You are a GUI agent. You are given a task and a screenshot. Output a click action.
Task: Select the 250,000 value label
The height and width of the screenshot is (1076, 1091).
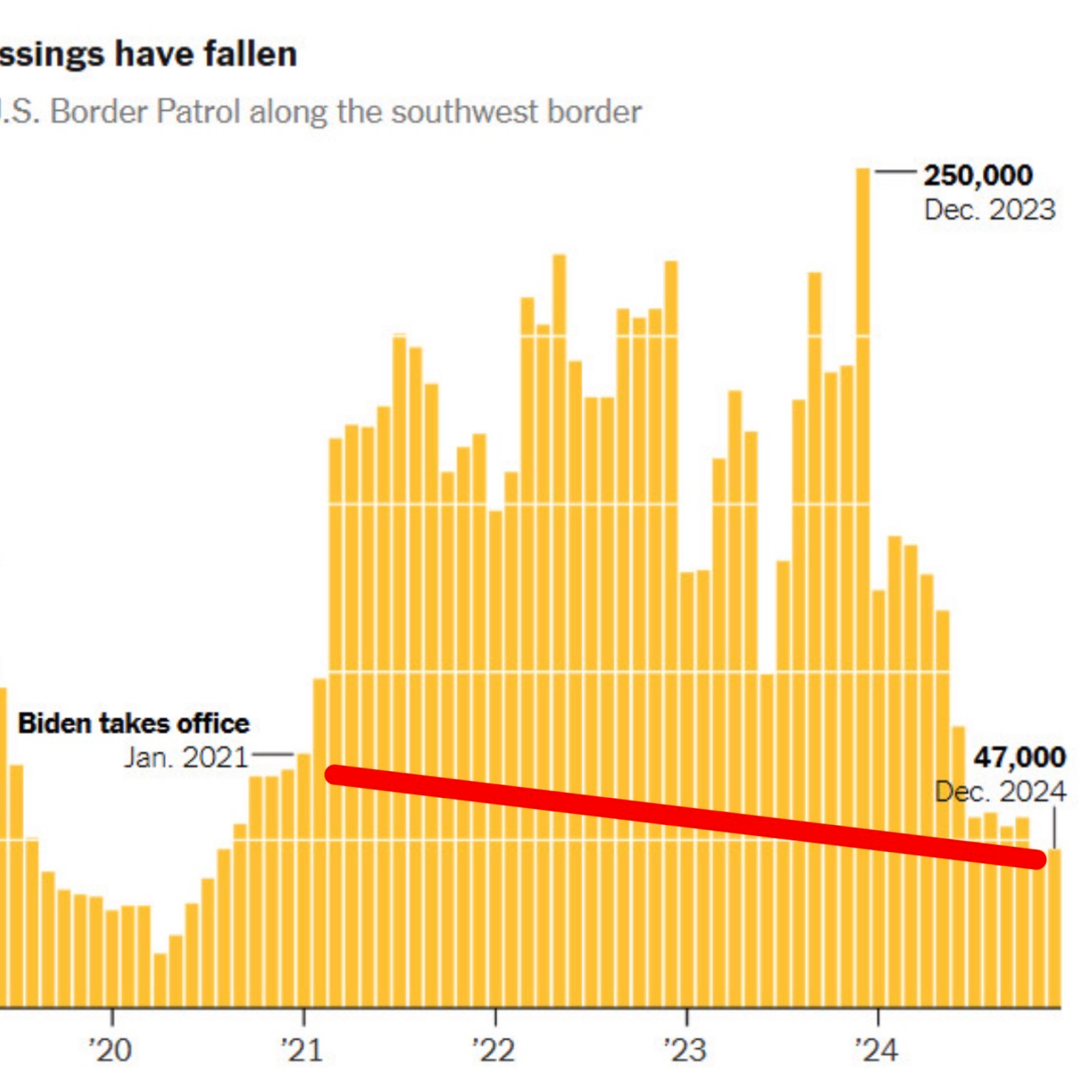click(978, 176)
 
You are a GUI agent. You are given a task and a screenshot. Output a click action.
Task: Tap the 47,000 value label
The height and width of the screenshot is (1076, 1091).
click(1020, 757)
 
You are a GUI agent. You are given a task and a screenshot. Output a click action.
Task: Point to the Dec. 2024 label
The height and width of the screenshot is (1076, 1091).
click(1001, 793)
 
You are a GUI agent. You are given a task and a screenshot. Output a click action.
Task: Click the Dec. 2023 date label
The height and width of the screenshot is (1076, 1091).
click(990, 210)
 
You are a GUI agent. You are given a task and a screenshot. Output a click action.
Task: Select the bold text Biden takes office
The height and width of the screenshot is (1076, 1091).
click(134, 724)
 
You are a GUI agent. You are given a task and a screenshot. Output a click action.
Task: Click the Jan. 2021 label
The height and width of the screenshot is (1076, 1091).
click(186, 757)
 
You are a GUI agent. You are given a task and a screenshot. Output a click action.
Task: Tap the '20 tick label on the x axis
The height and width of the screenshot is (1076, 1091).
click(111, 1050)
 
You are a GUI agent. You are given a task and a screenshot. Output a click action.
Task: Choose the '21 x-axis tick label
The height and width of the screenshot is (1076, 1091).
click(302, 1050)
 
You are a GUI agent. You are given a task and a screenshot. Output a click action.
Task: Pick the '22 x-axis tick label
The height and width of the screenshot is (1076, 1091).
click(494, 1050)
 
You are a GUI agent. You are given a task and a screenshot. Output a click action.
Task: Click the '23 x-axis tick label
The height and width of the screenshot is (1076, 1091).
click(685, 1050)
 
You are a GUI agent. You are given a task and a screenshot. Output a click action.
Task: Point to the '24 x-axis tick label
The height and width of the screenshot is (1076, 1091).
click(876, 1050)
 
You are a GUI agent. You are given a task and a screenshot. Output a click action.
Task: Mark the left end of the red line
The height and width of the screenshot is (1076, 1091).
click(334, 774)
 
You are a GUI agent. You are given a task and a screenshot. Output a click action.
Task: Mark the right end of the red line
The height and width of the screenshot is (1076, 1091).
click(1037, 860)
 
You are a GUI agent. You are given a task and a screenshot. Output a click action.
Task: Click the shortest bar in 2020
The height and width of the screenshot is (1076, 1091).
click(160, 980)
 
